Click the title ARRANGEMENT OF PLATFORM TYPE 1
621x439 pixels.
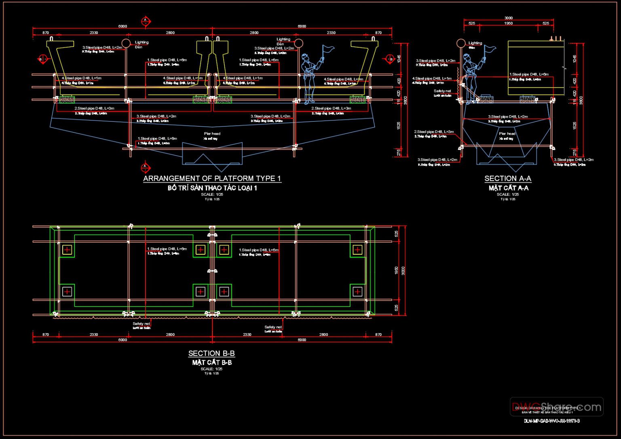(212, 178)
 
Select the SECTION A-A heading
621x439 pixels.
(508, 178)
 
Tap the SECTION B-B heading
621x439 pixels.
(211, 353)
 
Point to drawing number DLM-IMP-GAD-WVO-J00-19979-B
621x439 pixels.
(552, 421)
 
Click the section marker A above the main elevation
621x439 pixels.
(146, 21)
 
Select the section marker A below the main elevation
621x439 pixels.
(146, 167)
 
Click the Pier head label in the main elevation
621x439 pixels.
(212, 134)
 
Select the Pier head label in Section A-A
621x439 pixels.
(507, 134)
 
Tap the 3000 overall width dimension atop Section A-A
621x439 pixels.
(509, 18)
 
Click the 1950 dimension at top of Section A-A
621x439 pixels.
(509, 23)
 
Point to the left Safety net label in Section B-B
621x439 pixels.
(142, 324)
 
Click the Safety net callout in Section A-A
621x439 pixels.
(442, 91)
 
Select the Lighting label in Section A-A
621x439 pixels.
(475, 43)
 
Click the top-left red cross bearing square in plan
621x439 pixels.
(67, 250)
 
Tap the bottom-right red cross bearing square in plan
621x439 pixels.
(357, 291)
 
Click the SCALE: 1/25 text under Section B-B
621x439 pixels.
(211, 369)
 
